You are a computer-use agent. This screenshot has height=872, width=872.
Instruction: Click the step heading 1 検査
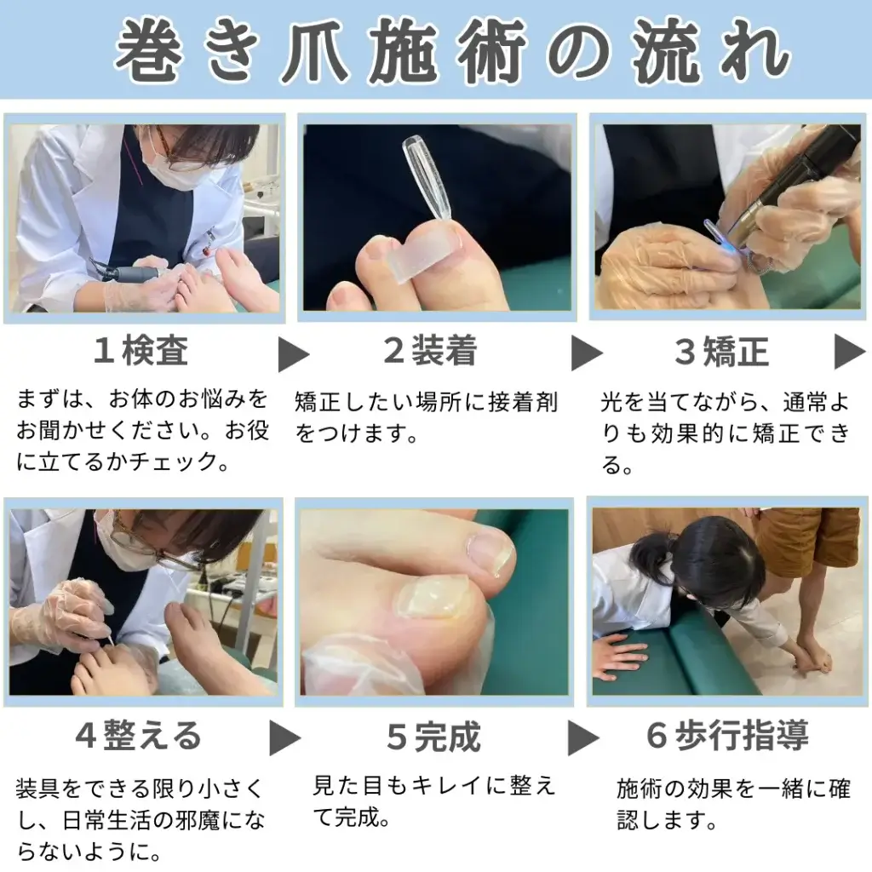coord(141,350)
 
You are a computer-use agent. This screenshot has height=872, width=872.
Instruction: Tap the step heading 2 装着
coord(430,350)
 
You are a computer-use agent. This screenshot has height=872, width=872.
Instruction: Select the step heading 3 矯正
coord(722,352)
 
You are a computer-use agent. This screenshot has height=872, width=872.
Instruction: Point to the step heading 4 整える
coord(138,735)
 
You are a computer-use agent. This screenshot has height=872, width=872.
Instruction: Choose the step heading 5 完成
coord(433,737)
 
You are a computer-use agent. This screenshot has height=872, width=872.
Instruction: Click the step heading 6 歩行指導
coord(727,735)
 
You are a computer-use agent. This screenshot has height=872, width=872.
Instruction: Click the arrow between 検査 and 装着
coord(293,354)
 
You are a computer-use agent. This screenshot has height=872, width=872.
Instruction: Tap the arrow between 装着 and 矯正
coord(586,353)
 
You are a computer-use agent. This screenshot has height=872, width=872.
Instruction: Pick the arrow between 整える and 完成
coord(284,738)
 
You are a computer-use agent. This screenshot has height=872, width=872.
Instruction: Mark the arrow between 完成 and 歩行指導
coord(582,738)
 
